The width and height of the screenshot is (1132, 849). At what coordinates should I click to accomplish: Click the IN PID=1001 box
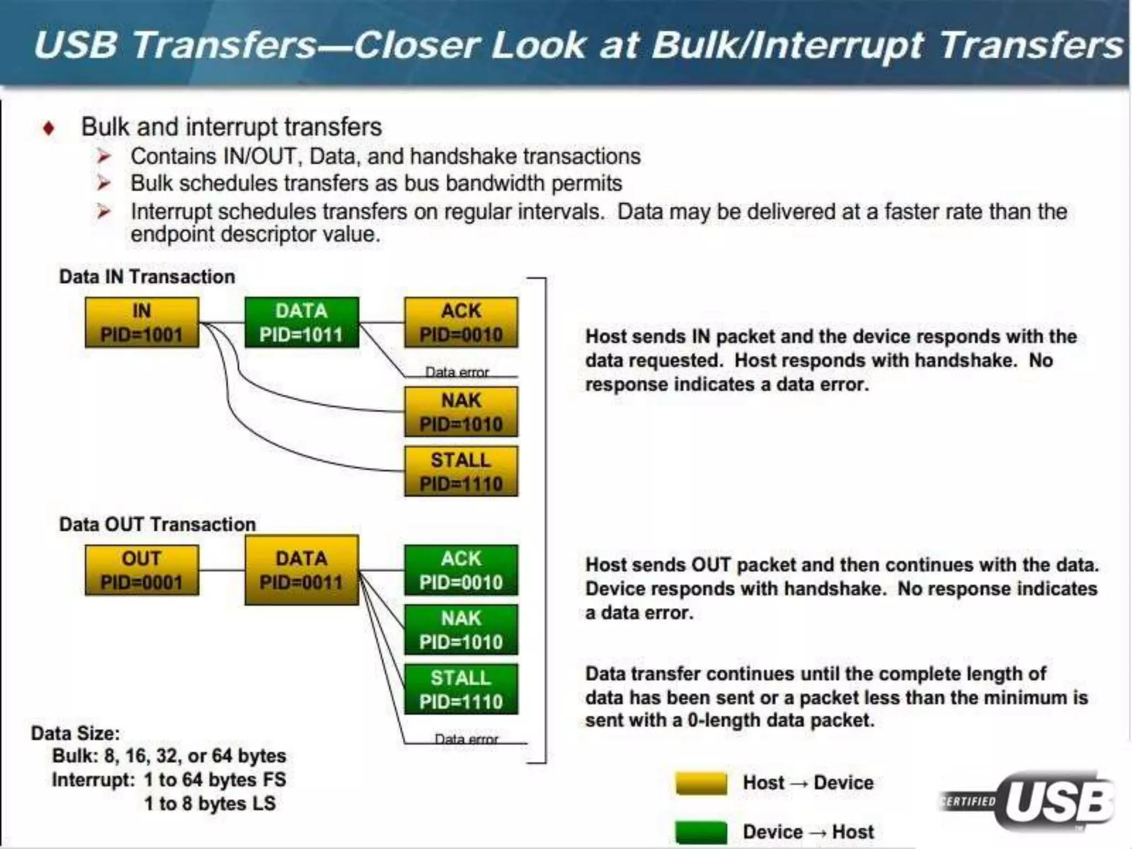click(141, 323)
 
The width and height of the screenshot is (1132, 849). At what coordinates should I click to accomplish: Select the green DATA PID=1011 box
click(301, 323)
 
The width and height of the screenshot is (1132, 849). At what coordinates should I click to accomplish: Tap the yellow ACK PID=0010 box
click(461, 323)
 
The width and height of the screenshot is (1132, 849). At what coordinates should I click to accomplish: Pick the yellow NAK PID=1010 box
click(461, 412)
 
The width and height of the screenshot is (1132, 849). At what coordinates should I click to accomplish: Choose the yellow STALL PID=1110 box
click(461, 471)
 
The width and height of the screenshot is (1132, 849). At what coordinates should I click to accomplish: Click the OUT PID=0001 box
click(141, 570)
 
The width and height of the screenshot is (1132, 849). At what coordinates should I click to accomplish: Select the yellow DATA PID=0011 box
click(301, 570)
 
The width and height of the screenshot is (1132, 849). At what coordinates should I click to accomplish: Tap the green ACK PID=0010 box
click(461, 570)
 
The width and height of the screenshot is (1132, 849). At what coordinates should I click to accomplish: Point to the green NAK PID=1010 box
click(461, 630)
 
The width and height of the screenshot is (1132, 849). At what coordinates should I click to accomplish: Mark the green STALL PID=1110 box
click(461, 690)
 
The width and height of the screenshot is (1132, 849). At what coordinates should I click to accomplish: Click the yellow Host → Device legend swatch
click(701, 783)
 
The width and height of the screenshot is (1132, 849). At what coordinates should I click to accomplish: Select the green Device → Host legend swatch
click(701, 832)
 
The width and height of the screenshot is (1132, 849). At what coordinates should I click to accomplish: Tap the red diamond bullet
click(49, 128)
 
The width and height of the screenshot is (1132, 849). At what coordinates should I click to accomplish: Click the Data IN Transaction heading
click(147, 276)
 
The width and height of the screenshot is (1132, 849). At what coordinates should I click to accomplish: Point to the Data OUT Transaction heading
click(158, 524)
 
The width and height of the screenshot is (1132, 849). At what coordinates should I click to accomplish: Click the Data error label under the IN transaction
click(457, 372)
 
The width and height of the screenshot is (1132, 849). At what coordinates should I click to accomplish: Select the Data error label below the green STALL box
click(466, 739)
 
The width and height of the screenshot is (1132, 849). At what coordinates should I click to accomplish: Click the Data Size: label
click(75, 733)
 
